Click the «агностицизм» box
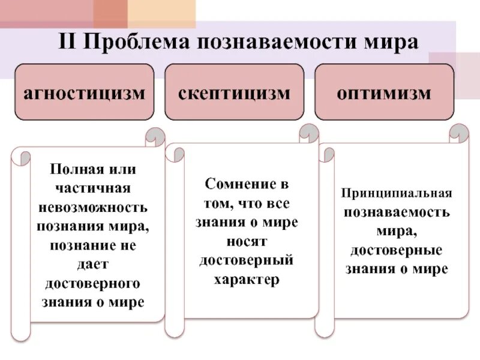click(x=85, y=93)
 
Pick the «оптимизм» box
click(x=384, y=93)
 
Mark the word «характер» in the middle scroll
click(x=247, y=280)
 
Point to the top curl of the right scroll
click(x=459, y=132)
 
